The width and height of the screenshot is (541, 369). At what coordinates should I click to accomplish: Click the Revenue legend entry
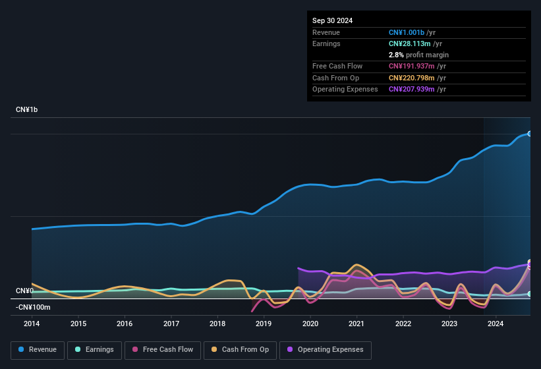(x=38, y=350)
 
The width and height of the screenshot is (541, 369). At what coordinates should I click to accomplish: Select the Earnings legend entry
(x=95, y=350)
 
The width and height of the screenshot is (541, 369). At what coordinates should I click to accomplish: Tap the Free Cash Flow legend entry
(x=163, y=350)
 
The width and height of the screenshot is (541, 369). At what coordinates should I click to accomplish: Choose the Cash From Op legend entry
(x=239, y=350)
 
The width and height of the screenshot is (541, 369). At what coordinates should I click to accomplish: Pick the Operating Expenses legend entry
(x=326, y=350)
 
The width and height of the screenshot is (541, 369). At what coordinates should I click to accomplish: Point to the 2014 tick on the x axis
(x=32, y=324)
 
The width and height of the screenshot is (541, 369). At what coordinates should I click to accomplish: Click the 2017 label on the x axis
(x=171, y=324)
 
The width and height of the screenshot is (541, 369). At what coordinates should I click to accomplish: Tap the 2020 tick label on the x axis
(x=310, y=324)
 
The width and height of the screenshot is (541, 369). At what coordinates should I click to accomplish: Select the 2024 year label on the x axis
(x=496, y=324)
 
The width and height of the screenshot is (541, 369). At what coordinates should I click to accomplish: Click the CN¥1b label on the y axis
(x=27, y=109)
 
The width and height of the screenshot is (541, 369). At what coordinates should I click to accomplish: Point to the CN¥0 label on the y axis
(x=24, y=291)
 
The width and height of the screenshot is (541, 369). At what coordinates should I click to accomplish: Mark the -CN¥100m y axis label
(x=33, y=307)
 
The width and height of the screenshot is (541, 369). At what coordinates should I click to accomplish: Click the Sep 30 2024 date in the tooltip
(x=332, y=20)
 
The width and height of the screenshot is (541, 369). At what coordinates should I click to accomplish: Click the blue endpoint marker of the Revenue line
(x=529, y=134)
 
